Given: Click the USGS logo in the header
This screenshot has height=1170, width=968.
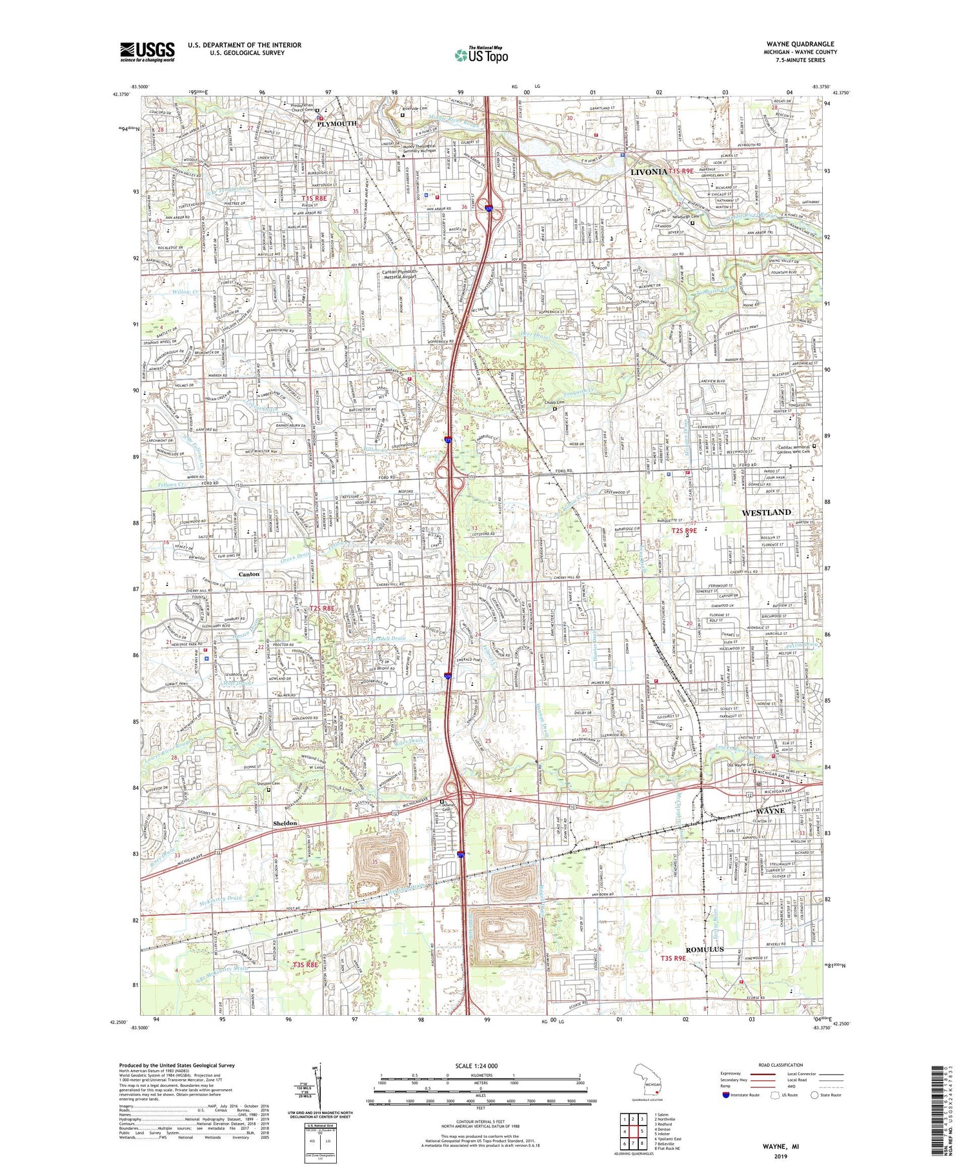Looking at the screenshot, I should click(146, 51).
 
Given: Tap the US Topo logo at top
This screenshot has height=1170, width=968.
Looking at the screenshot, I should click(481, 55).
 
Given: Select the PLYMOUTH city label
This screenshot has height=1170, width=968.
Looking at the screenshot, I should click(336, 123).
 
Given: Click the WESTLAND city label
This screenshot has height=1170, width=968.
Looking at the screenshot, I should click(767, 512).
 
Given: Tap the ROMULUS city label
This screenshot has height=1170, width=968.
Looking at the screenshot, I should click(704, 949).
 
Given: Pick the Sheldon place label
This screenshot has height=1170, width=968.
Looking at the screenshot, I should click(285, 823).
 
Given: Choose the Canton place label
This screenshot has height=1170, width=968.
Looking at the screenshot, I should click(249, 574).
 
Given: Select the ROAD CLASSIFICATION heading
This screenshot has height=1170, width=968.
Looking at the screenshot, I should click(781, 1065).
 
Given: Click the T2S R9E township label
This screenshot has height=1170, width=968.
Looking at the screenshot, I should click(684, 530).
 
